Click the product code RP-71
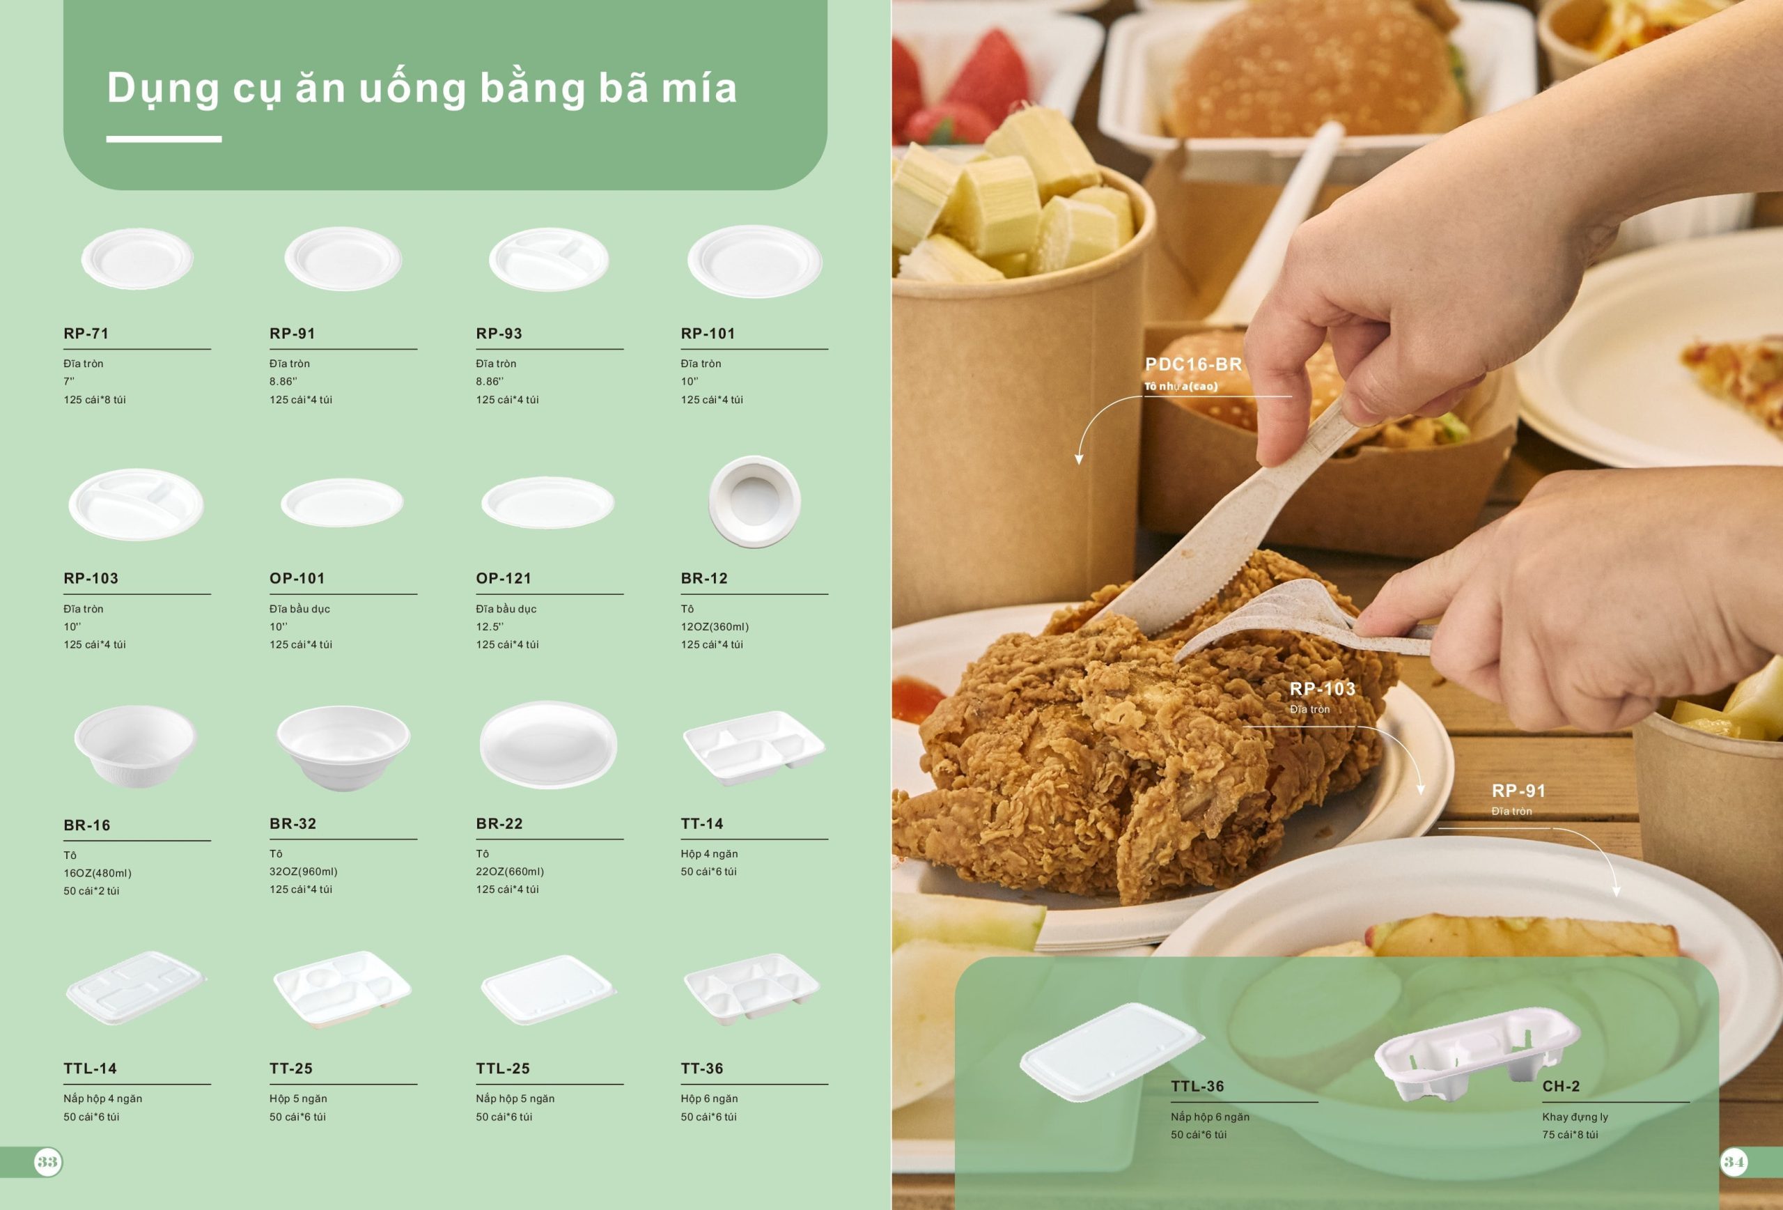click(86, 334)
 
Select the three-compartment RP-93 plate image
click(549, 259)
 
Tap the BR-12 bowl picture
click(754, 502)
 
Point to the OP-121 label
click(504, 578)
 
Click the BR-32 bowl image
click(343, 747)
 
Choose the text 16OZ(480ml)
click(98, 873)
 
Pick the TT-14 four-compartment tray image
click(754, 747)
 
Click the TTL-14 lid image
click(136, 988)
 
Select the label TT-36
click(702, 1069)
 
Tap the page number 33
click(47, 1162)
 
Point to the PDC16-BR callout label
click(1193, 364)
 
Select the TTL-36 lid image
click(1111, 1051)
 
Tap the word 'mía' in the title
click(699, 88)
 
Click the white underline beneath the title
click(164, 139)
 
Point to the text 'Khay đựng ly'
click(1575, 1117)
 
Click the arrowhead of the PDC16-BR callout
click(1079, 459)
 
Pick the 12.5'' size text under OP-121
click(490, 627)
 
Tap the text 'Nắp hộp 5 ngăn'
click(515, 1099)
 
